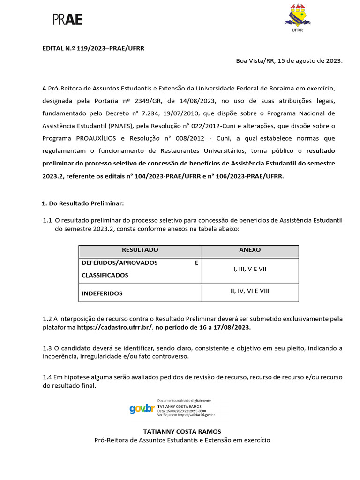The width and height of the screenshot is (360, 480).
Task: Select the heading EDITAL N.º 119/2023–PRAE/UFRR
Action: point(93,48)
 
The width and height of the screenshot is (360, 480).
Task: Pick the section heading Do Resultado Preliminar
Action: point(83,203)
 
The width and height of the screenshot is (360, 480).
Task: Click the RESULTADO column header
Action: point(140,250)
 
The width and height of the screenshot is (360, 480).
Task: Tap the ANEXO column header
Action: point(250,250)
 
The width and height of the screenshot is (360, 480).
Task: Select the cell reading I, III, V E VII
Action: point(250,269)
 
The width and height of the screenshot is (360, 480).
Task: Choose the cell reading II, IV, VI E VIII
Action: point(250,291)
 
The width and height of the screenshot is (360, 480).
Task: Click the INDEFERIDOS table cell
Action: point(102,293)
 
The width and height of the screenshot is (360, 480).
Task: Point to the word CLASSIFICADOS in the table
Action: point(105,275)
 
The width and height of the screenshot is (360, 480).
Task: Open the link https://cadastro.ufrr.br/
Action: point(114,328)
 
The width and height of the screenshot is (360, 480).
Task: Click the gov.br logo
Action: point(142,409)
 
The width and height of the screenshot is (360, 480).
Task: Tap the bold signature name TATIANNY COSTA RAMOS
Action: point(182,431)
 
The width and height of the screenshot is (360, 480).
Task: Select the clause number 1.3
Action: point(47,348)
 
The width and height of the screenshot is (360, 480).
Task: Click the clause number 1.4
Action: point(47,377)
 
